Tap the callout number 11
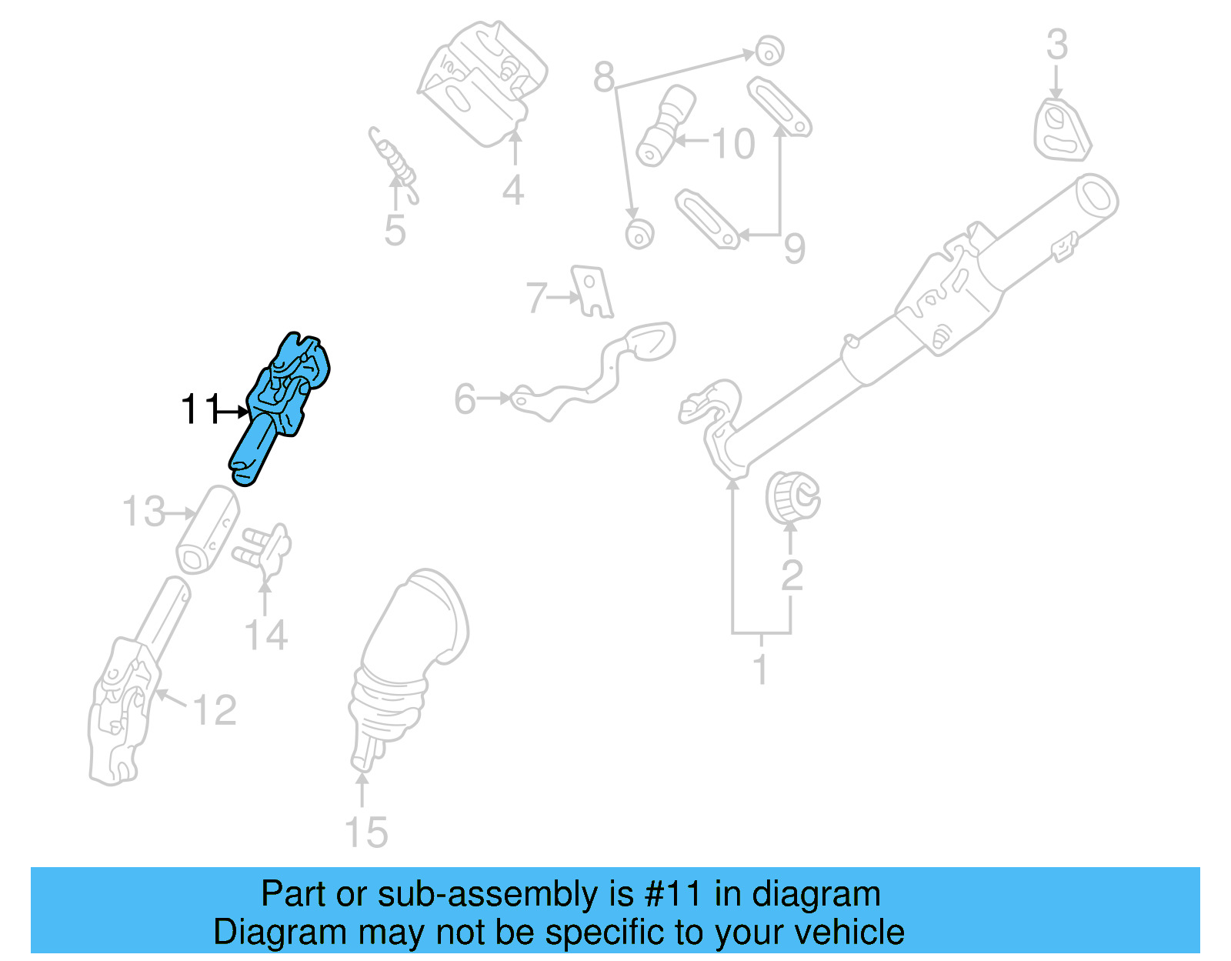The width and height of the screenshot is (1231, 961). tap(199, 409)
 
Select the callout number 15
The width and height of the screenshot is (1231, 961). tap(365, 833)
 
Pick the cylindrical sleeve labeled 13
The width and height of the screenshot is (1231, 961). tap(206, 531)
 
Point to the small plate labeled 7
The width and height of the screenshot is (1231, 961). tap(593, 292)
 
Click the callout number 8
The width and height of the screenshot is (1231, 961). tap(604, 77)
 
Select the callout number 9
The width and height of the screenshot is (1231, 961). tap(794, 248)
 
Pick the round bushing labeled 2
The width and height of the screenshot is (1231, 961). tap(792, 497)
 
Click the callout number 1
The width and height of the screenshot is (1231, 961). tap(760, 669)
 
